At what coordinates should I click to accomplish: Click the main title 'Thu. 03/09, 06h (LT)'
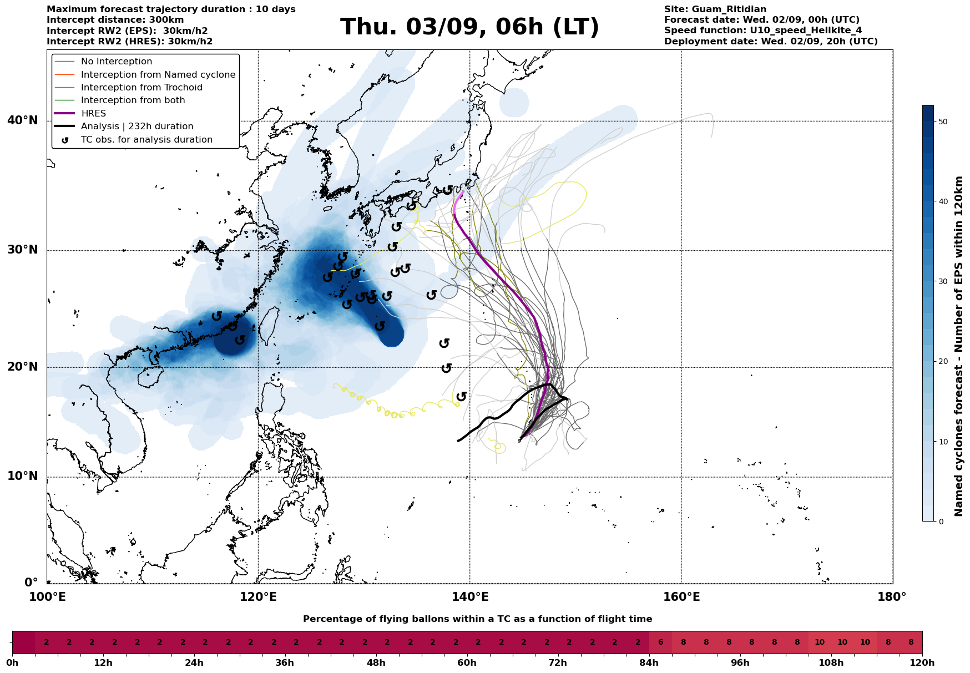[469, 27]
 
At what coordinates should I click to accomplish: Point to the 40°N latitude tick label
[23, 120]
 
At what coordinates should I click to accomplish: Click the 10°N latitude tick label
[23, 476]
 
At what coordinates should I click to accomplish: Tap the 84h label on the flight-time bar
[649, 663]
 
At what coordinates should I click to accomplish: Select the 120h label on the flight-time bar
[922, 663]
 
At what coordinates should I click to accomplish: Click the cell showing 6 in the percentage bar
[660, 642]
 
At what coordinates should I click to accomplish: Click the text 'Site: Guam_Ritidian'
[715, 9]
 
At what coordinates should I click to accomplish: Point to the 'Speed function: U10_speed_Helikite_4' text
[763, 31]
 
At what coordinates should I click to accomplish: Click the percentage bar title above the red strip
[477, 619]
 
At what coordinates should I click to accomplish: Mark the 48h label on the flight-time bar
[376, 663]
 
